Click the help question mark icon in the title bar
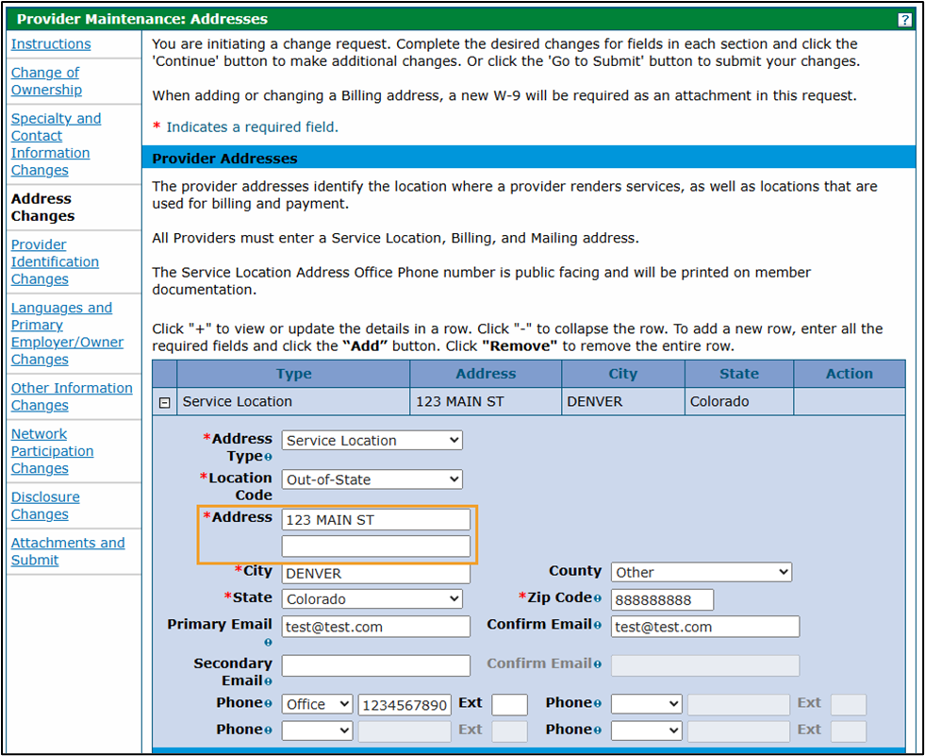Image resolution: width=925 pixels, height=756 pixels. [904, 19]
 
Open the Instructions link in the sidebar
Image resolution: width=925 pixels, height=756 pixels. [51, 44]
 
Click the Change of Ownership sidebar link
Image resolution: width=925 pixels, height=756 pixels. [46, 81]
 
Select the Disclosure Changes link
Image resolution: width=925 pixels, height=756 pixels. [45, 506]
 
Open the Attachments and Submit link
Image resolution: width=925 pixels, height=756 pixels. [68, 551]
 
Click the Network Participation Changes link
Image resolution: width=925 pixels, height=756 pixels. [52, 451]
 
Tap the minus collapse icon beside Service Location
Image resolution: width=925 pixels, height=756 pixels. [165, 402]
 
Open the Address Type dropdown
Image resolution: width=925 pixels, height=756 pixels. [372, 440]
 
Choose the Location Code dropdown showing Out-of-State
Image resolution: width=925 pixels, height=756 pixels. [372, 479]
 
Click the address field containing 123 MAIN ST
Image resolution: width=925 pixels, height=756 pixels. [375, 519]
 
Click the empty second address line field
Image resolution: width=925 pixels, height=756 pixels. [375, 546]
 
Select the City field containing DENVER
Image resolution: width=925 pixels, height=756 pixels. [375, 573]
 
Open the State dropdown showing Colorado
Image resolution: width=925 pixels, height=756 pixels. [372, 599]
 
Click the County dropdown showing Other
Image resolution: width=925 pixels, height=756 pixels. [701, 572]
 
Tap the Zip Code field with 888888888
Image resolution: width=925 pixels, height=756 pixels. [662, 599]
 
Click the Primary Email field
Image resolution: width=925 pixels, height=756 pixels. [375, 627]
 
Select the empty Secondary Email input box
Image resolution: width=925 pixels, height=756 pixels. [375, 664]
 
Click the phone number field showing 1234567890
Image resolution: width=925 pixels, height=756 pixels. [405, 705]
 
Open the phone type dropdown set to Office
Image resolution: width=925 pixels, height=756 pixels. [317, 705]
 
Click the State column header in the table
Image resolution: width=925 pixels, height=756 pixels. [738, 374]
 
